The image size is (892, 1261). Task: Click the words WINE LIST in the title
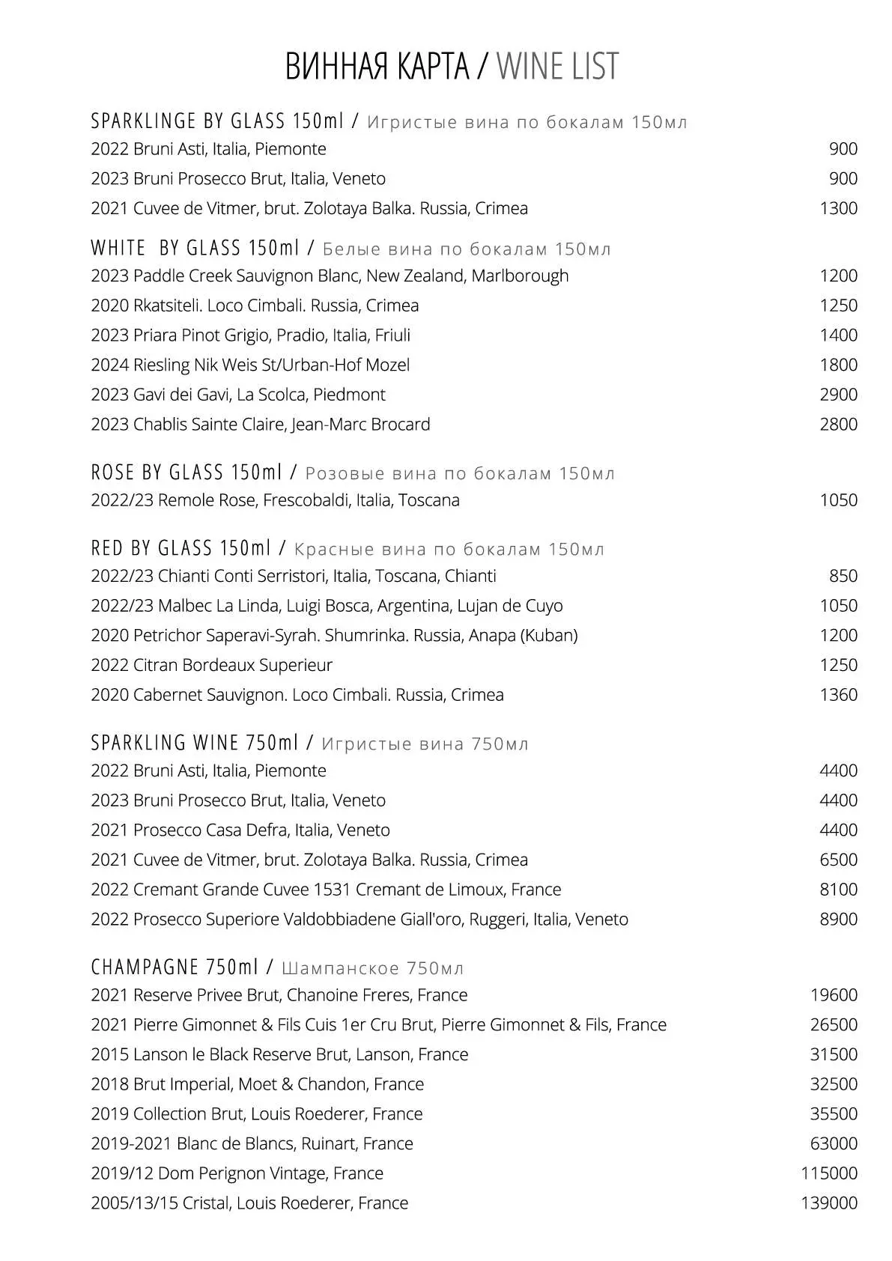pyautogui.click(x=557, y=66)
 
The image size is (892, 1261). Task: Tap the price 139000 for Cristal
pyautogui.click(x=829, y=1203)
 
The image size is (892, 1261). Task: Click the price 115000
pyautogui.click(x=829, y=1173)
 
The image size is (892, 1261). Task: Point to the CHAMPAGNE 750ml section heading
pyautogui.click(x=175, y=967)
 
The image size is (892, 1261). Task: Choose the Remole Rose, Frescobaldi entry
pyautogui.click(x=275, y=499)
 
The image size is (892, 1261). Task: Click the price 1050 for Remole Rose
pyautogui.click(x=838, y=499)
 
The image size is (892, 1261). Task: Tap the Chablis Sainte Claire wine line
pyautogui.click(x=260, y=424)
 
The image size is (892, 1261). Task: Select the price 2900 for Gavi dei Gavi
pyautogui.click(x=838, y=394)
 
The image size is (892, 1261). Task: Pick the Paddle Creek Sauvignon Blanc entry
pyautogui.click(x=330, y=276)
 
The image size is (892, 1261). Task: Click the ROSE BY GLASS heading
pyautogui.click(x=186, y=473)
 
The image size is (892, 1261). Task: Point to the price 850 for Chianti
pyautogui.click(x=843, y=576)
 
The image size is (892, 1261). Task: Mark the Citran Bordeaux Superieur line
pyautogui.click(x=211, y=665)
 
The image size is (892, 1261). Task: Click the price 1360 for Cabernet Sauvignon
pyautogui.click(x=838, y=694)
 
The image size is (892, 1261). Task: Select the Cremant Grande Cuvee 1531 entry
pyautogui.click(x=326, y=889)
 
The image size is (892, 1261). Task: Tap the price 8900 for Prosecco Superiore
pyautogui.click(x=838, y=919)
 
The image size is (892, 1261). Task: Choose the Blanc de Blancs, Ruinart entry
pyautogui.click(x=252, y=1143)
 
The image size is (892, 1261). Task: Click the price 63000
pyautogui.click(x=834, y=1143)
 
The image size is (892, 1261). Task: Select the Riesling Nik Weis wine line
pyautogui.click(x=250, y=365)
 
